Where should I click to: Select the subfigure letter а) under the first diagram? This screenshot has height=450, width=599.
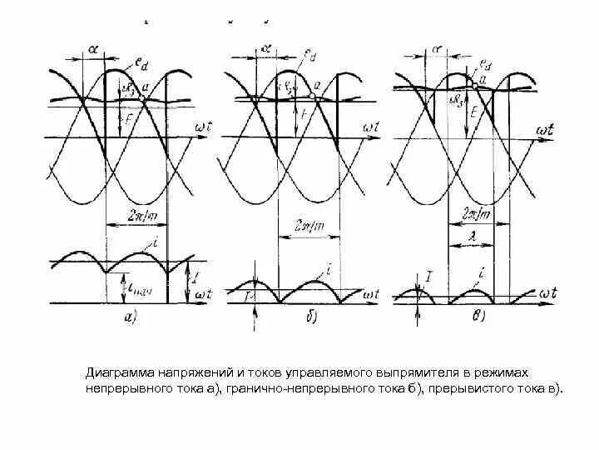coord(131,316)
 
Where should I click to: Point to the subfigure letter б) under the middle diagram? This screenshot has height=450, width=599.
coord(298,316)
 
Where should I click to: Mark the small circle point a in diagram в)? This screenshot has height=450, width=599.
coord(474,85)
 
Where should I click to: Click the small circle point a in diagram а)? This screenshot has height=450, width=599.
coord(142,98)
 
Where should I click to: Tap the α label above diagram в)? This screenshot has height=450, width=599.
coord(437,49)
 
